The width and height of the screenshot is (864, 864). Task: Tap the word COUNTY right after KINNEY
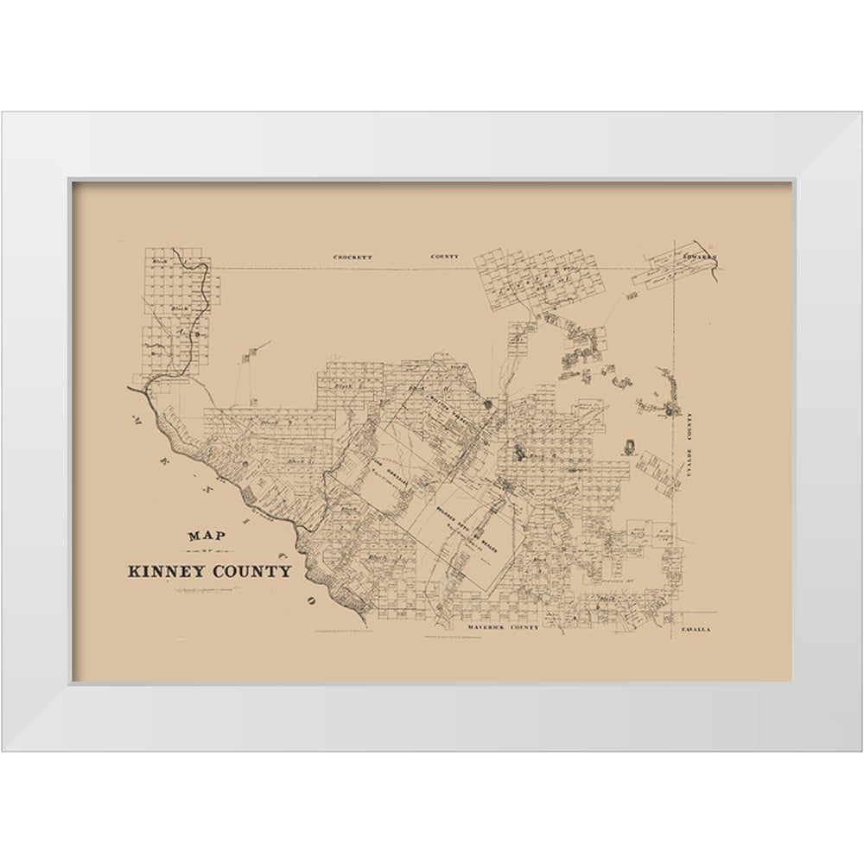251,571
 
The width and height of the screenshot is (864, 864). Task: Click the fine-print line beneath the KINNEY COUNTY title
207,590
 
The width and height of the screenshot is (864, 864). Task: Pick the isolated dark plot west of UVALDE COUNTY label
628,446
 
